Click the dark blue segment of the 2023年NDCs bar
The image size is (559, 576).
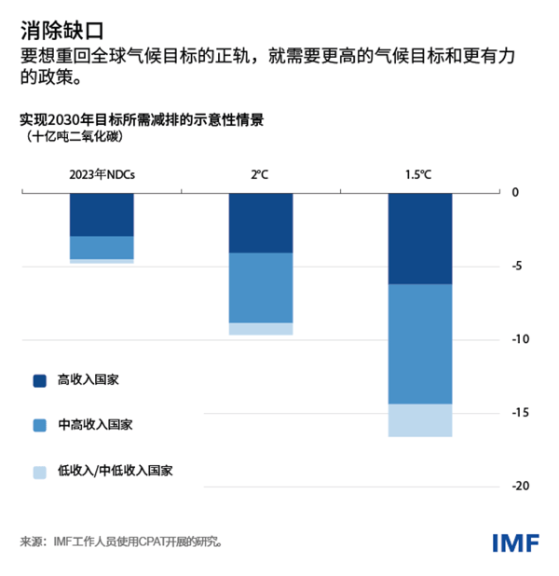click(102, 214)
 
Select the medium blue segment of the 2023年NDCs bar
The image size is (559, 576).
click(102, 247)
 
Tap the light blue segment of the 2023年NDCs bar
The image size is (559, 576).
click(102, 261)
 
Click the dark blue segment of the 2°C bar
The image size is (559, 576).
click(261, 223)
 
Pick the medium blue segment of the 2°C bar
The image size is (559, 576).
click(261, 287)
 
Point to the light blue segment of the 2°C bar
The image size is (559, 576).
click(261, 328)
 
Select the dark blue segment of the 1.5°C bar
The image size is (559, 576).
click(420, 238)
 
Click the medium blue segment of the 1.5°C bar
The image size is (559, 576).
click(420, 344)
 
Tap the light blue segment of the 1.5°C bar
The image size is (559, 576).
click(420, 419)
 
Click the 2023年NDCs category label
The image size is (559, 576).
click(102, 174)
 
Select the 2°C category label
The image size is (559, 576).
click(261, 174)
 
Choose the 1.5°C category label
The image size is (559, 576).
click(419, 174)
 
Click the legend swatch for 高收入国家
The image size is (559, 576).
click(39, 380)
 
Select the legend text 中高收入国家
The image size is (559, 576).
click(95, 425)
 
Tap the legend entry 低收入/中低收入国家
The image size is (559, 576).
click(116, 471)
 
